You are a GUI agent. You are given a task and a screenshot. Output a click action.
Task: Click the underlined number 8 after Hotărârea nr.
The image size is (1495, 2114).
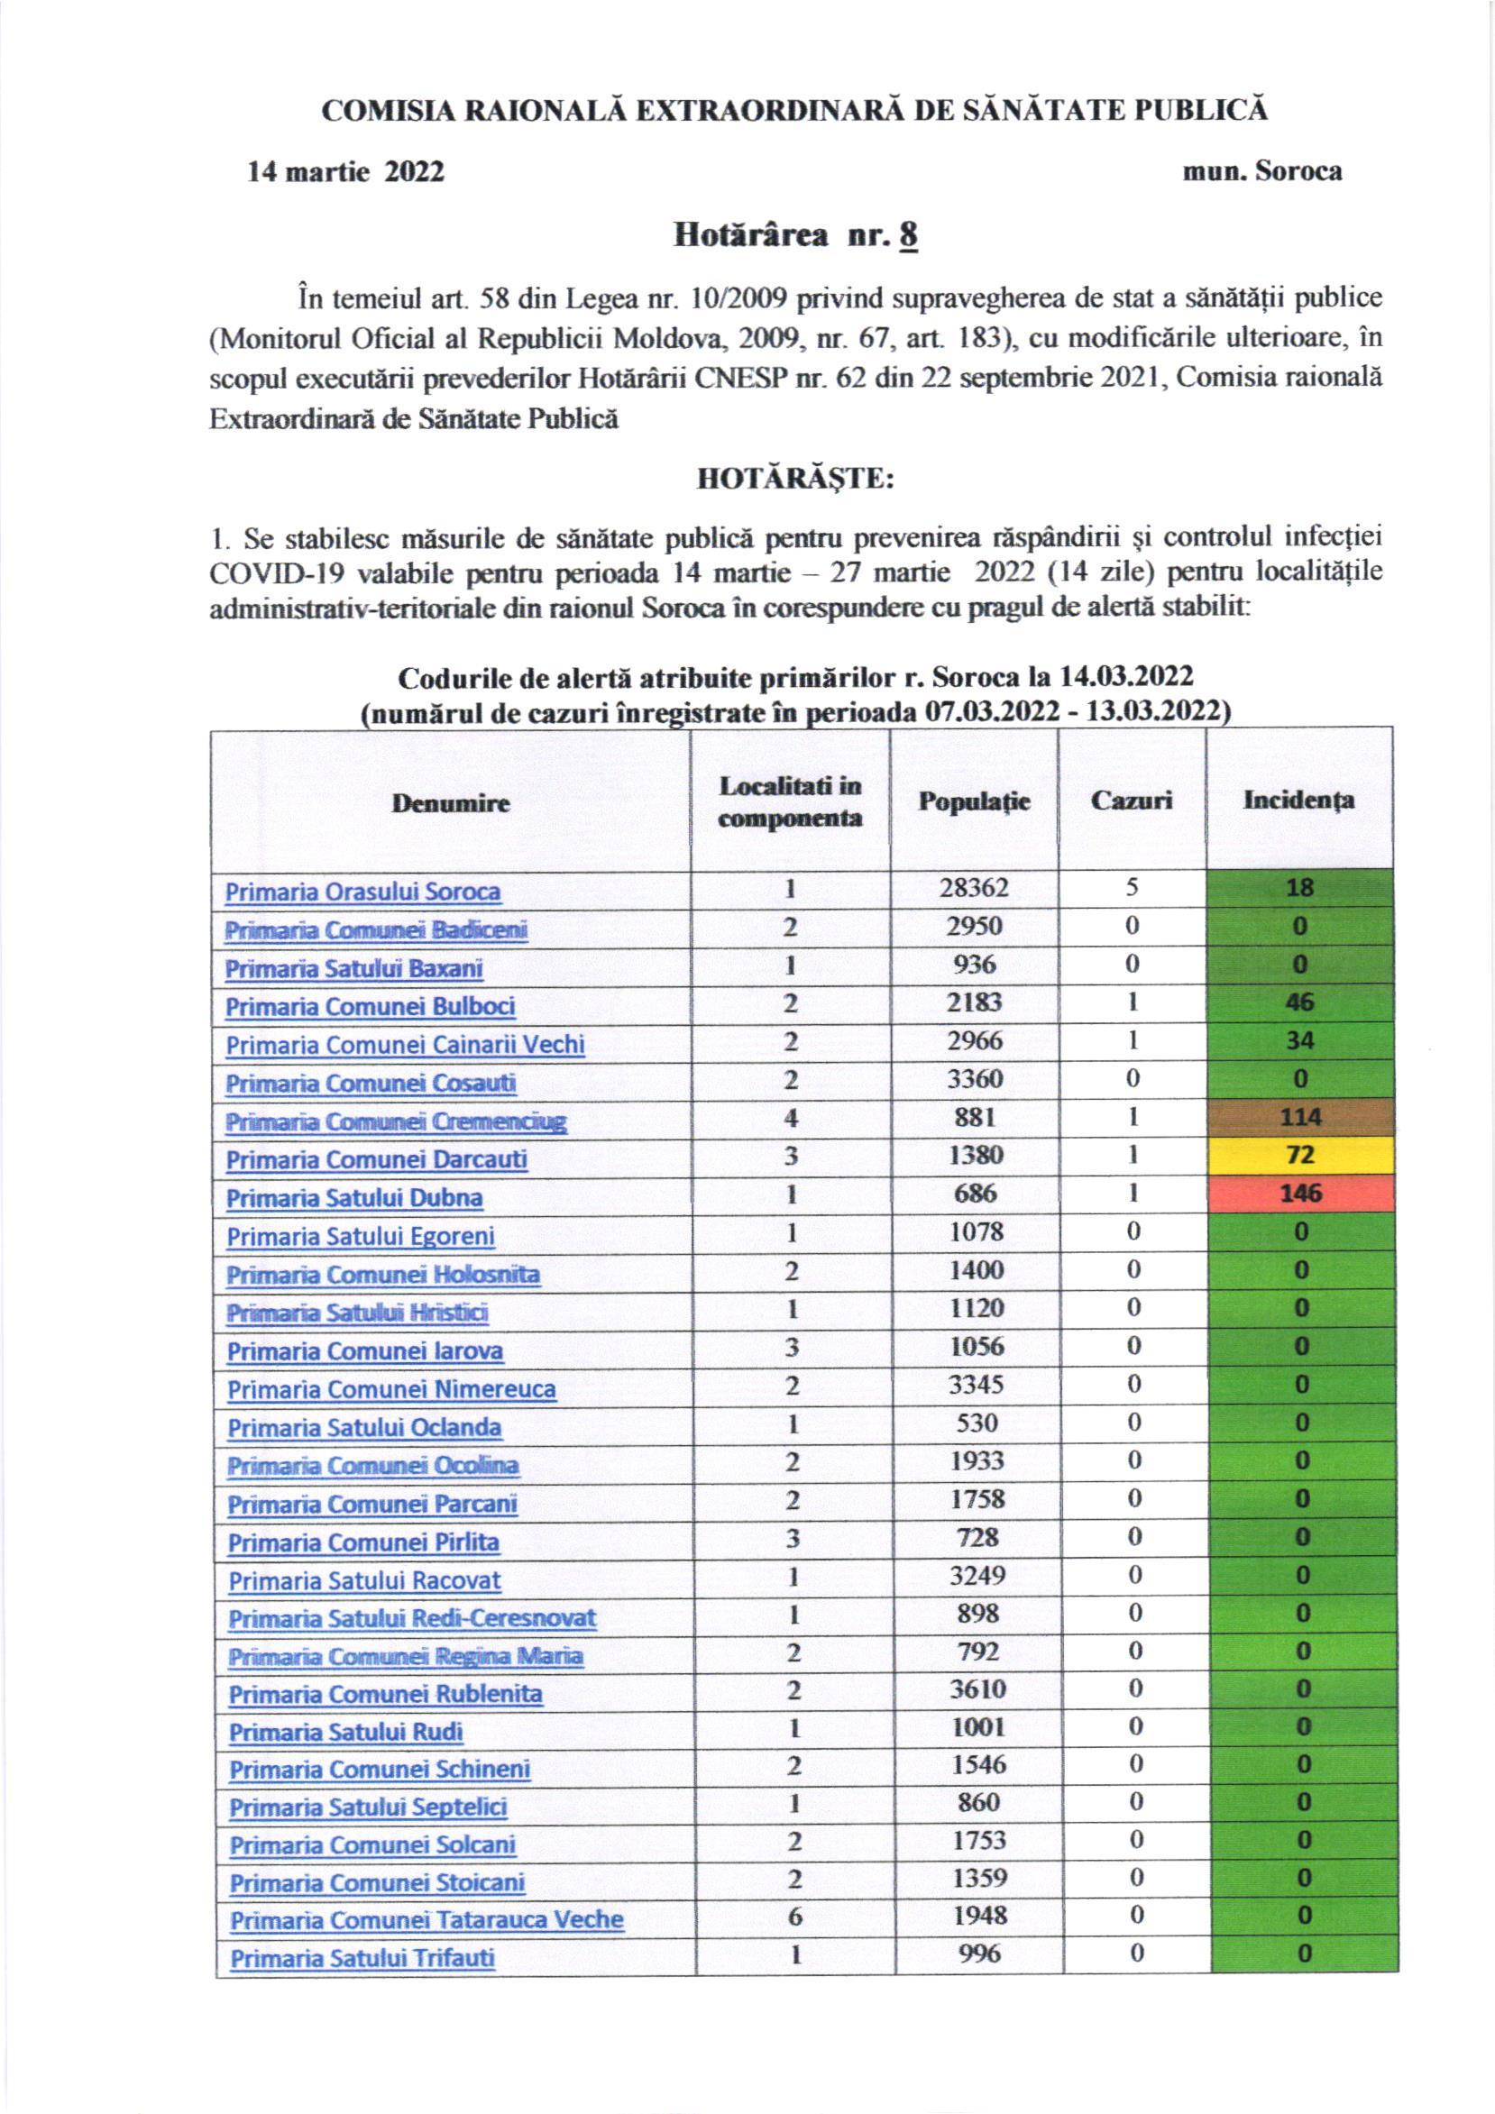(x=909, y=236)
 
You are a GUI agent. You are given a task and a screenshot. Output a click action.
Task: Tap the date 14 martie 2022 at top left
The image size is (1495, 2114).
(x=345, y=172)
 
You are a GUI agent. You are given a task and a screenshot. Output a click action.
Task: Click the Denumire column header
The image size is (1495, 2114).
(x=451, y=803)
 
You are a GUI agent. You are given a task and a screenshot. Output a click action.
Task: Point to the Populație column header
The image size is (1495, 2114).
(x=974, y=801)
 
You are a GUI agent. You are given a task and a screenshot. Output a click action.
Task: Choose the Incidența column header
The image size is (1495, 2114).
(x=1298, y=800)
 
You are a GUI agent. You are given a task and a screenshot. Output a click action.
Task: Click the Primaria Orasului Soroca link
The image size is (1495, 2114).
(x=362, y=892)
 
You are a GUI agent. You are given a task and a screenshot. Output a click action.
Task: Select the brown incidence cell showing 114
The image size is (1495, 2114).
(x=1299, y=1118)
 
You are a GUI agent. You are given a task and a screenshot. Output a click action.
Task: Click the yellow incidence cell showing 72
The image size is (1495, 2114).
(x=1299, y=1156)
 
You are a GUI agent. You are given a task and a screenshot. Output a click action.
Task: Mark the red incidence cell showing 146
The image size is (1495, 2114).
(x=1299, y=1194)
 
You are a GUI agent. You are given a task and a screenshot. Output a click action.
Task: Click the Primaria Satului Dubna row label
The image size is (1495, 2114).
(x=354, y=1199)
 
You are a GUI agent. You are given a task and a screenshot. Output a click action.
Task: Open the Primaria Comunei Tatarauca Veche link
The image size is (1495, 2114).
(x=426, y=1921)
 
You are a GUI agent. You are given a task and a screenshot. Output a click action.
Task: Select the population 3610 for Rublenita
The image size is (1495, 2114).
(x=977, y=1689)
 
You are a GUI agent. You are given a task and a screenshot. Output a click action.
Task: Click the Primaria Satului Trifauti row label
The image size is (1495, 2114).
(x=362, y=1958)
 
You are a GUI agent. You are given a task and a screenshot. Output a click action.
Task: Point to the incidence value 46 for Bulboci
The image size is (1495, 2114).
(x=1299, y=1002)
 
